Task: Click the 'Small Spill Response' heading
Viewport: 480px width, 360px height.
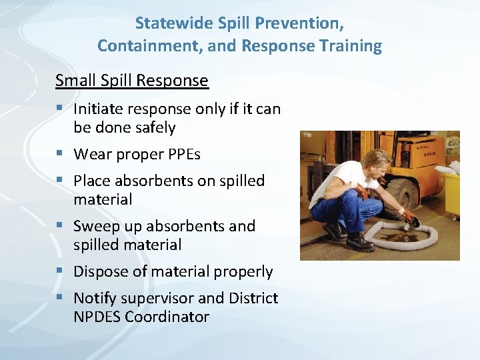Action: pos(131,81)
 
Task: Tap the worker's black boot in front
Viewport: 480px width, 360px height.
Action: pos(360,243)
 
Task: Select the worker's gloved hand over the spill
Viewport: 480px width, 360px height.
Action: pos(406,218)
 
